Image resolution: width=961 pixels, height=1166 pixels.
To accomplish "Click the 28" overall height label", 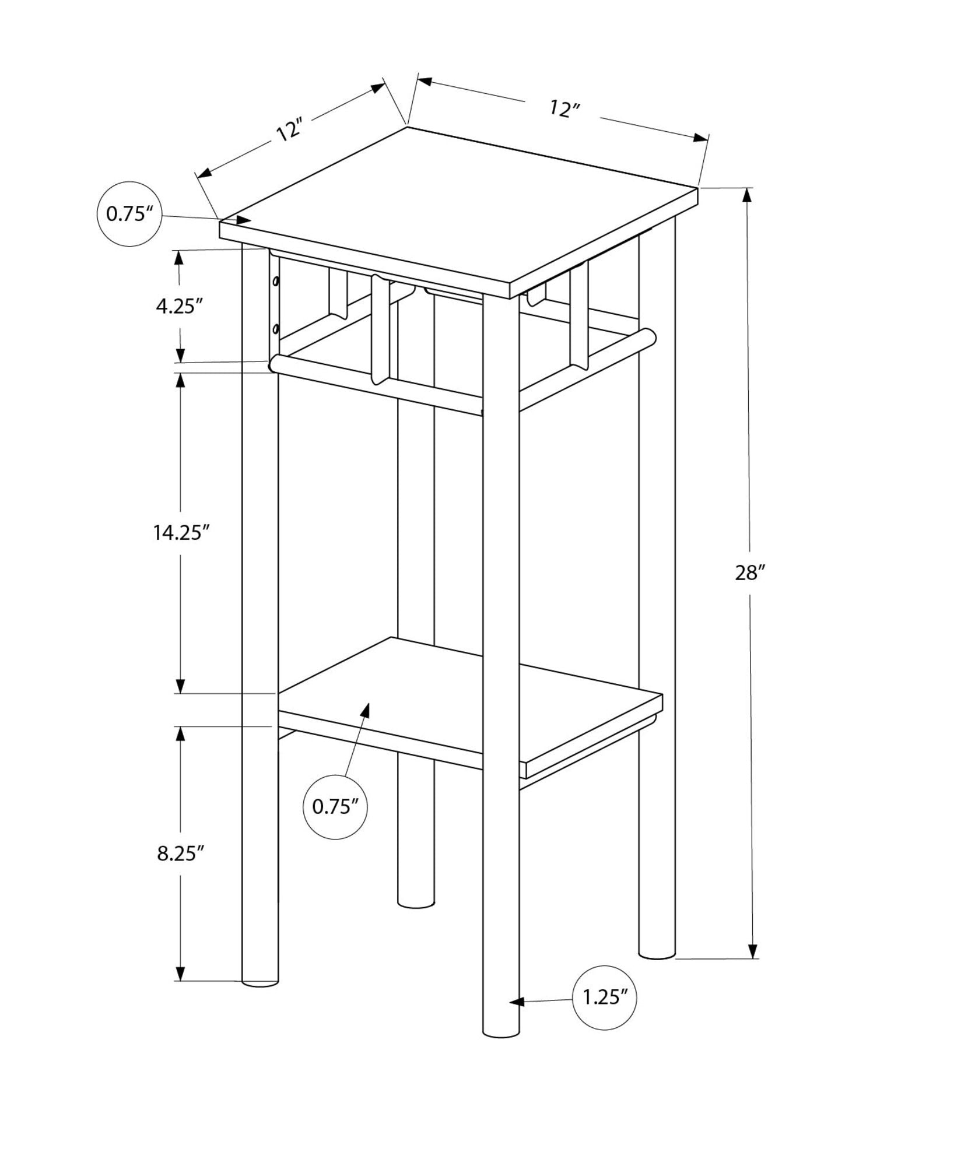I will (x=749, y=573).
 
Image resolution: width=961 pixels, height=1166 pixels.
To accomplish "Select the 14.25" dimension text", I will (x=181, y=532).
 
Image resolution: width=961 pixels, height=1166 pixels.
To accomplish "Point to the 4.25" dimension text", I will (x=179, y=305).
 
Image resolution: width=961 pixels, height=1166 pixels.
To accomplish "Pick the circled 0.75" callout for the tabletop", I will (x=129, y=214).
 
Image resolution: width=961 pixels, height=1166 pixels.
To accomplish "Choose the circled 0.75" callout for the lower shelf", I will (x=335, y=807).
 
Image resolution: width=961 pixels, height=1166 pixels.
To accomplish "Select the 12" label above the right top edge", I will (x=564, y=108).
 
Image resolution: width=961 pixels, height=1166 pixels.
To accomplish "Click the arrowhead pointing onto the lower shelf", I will (x=366, y=710).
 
